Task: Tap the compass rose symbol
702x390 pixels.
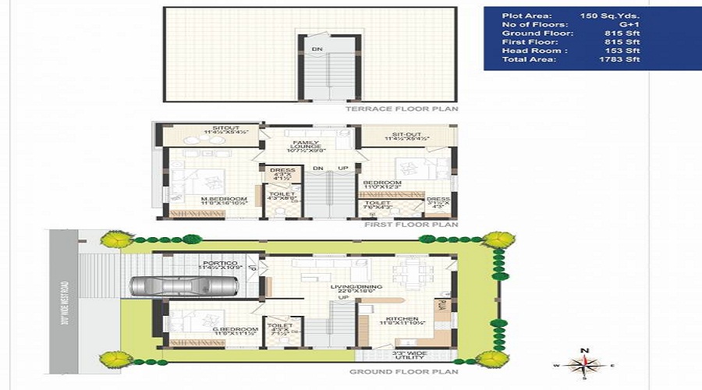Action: point(587,363)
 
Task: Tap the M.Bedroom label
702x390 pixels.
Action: point(225,200)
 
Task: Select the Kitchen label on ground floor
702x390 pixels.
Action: point(401,319)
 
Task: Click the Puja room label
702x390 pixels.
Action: point(441,304)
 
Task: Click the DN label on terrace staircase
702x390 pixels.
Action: point(317,49)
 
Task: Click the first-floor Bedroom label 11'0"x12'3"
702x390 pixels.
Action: point(382,184)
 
